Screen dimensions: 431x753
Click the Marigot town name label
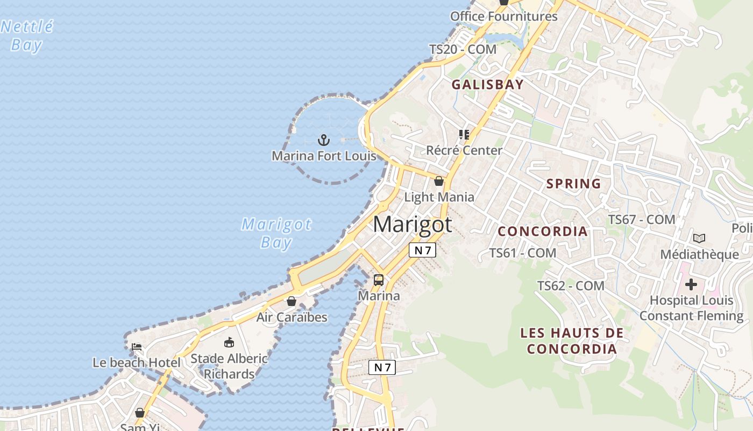(413, 224)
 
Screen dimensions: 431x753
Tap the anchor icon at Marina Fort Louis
(323, 141)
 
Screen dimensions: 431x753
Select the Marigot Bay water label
(276, 233)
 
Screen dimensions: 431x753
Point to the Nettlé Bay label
(27, 36)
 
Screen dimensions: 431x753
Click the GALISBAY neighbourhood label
(487, 85)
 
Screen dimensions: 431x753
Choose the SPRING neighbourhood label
(573, 184)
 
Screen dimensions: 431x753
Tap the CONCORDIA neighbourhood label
(542, 231)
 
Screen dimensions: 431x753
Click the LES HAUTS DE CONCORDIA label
(572, 340)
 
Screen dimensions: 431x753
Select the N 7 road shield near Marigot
(422, 250)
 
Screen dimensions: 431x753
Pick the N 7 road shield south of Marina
(382, 367)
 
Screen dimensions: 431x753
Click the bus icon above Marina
(379, 280)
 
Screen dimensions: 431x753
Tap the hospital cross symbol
(691, 284)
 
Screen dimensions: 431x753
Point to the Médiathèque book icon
(699, 238)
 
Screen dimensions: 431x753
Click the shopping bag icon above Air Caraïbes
(292, 301)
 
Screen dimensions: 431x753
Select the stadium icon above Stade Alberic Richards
(229, 342)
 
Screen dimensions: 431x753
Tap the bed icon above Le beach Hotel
(137, 346)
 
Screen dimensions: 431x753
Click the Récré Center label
(464, 150)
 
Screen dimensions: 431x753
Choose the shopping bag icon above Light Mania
(439, 181)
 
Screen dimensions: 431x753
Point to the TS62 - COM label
(571, 286)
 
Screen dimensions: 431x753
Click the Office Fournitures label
(503, 16)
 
